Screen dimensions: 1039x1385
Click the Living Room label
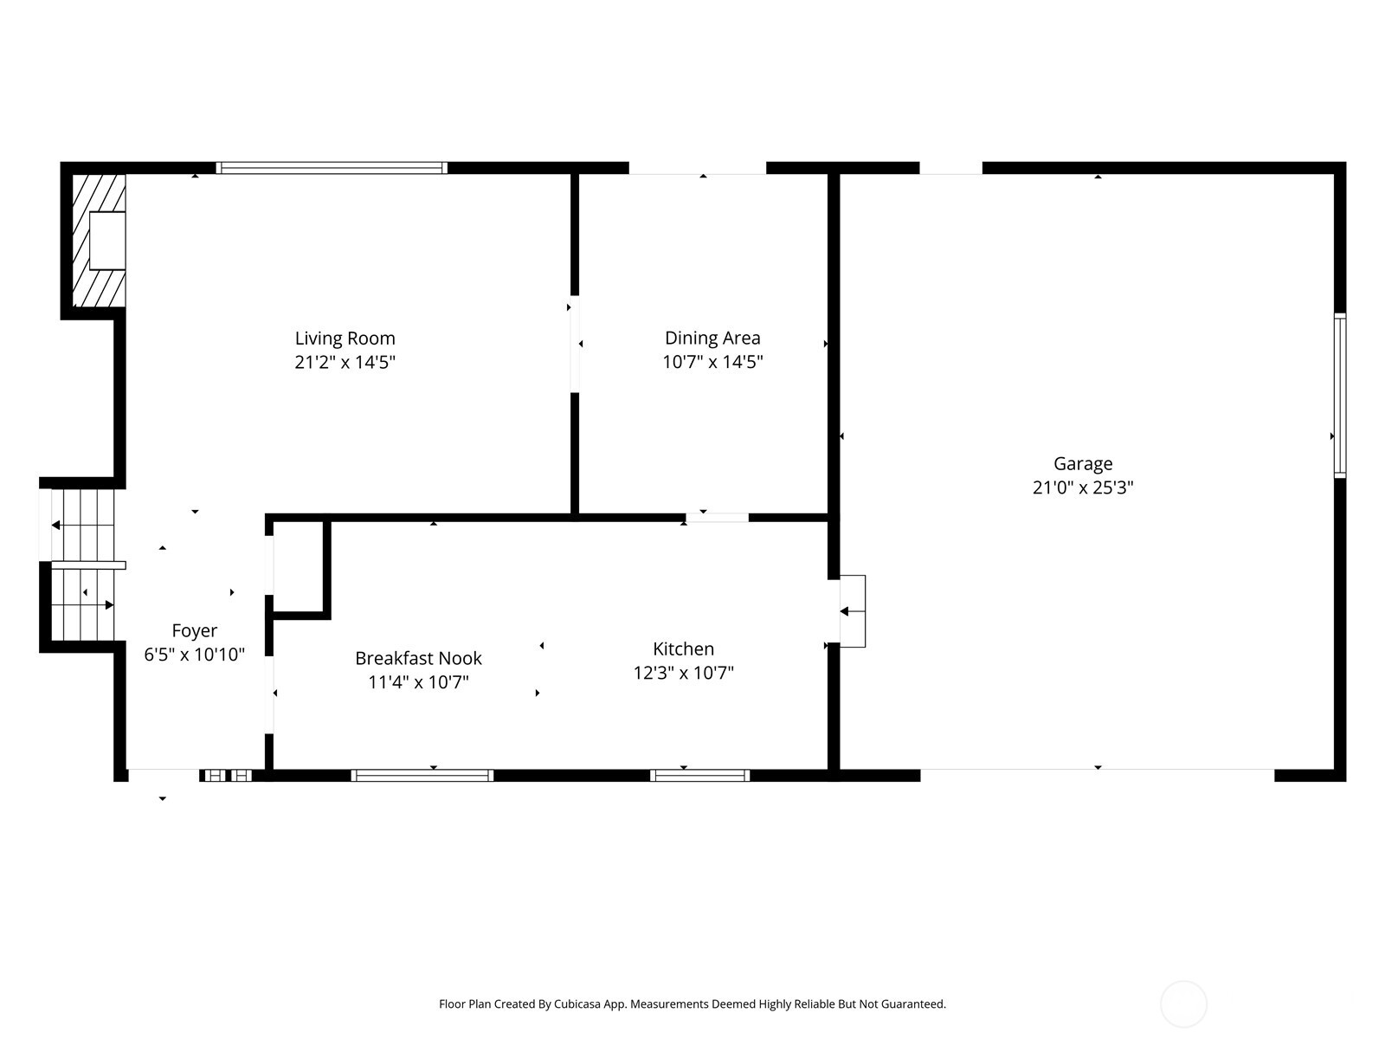[x=345, y=339]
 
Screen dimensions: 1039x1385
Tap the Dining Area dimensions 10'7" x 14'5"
[x=712, y=362]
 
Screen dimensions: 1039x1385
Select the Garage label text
[x=1082, y=464]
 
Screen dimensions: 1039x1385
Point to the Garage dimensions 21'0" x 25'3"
[x=1082, y=487]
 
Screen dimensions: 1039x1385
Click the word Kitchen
[x=683, y=649]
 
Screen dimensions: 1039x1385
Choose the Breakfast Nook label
[x=418, y=658]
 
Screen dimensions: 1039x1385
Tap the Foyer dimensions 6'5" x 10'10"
[x=194, y=655]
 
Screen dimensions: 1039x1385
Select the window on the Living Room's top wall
[x=332, y=168]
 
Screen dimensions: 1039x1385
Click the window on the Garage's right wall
[x=1339, y=395]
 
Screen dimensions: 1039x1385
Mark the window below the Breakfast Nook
[x=422, y=775]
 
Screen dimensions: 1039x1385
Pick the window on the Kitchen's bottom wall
[x=699, y=775]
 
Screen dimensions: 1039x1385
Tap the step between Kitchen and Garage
[x=853, y=611]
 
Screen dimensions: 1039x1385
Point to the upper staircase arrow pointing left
[x=56, y=525]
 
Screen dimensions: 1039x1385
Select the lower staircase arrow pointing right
[x=108, y=604]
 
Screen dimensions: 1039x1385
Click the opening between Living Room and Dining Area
[x=574, y=344]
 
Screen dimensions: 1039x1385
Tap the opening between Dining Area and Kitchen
[x=717, y=518]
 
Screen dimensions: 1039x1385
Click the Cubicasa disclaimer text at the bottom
[x=692, y=1004]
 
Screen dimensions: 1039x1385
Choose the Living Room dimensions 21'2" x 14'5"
[x=345, y=362]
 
